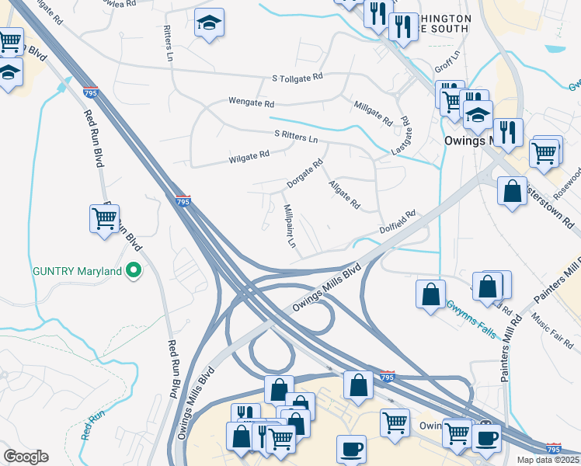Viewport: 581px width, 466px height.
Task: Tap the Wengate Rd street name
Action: click(251, 102)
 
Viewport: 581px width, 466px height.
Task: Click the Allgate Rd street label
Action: click(344, 194)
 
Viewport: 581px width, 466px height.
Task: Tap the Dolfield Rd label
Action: click(398, 221)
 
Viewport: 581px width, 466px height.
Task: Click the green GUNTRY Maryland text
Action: click(77, 271)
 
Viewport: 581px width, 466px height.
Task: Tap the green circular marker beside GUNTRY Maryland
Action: click(134, 271)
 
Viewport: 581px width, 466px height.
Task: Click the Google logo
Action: click(26, 457)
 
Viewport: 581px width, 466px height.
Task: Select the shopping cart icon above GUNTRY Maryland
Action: click(103, 218)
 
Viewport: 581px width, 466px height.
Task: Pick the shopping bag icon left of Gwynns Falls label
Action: click(430, 294)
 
